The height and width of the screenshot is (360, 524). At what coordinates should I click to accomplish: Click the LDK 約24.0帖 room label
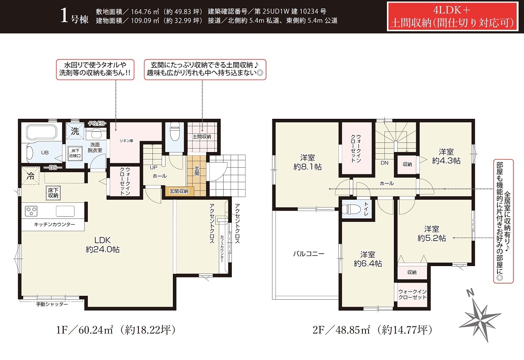(x=103, y=245)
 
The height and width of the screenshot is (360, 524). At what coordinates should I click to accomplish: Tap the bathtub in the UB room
(x=41, y=132)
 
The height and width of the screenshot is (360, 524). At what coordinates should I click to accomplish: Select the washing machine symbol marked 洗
(x=75, y=131)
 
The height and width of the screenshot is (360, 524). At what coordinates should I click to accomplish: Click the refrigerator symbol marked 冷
(x=31, y=176)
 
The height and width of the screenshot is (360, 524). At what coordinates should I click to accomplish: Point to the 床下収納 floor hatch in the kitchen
(x=53, y=193)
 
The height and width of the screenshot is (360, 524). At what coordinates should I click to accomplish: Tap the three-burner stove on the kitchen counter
(x=31, y=211)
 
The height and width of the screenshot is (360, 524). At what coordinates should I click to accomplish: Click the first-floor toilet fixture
(x=174, y=132)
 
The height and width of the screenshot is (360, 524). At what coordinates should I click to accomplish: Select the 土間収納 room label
(x=202, y=136)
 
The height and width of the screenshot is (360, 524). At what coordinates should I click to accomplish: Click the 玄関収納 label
(x=179, y=191)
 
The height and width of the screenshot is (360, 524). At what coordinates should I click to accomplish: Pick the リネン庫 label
(x=126, y=141)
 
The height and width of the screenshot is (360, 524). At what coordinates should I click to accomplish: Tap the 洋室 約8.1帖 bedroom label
(x=307, y=162)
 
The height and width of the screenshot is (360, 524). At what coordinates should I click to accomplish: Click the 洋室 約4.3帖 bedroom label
(x=446, y=156)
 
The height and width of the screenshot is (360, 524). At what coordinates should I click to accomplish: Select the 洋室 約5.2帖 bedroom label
(x=431, y=233)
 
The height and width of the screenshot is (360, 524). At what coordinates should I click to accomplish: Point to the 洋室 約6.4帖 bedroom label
(x=368, y=259)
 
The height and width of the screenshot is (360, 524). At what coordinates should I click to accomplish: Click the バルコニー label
(x=309, y=254)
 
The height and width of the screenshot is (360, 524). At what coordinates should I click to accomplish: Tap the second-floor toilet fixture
(x=351, y=209)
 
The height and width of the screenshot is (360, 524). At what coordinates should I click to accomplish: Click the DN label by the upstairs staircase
(x=384, y=163)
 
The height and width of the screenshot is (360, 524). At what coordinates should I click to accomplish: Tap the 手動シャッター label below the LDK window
(x=52, y=304)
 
